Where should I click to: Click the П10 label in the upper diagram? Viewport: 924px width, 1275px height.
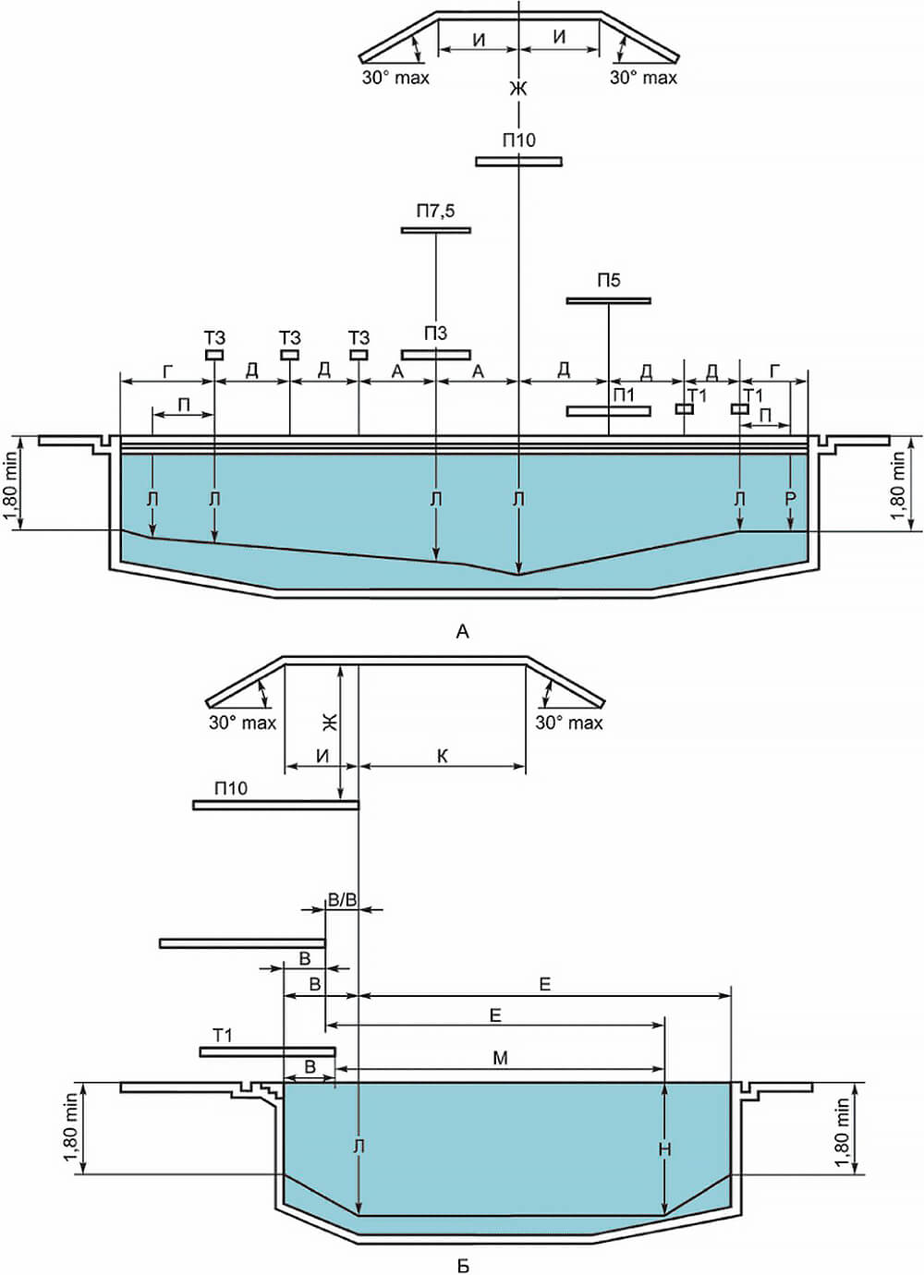click(518, 140)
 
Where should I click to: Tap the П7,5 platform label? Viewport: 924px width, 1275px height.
click(435, 212)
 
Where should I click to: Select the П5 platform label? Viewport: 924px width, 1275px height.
click(608, 281)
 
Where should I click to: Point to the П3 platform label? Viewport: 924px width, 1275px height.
click(435, 334)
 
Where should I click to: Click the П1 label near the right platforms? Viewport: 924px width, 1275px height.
click(624, 395)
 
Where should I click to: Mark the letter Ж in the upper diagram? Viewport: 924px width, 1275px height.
click(517, 89)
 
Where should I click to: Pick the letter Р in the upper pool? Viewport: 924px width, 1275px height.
click(790, 500)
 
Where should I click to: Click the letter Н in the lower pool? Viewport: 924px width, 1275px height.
click(664, 1149)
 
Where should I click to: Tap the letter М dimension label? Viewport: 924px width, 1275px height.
click(500, 1058)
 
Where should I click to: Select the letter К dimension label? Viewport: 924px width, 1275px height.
click(442, 756)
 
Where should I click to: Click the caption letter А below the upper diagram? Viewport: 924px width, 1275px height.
click(463, 632)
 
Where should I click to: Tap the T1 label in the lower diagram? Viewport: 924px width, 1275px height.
click(223, 1036)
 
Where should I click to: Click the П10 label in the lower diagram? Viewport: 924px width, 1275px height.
click(231, 788)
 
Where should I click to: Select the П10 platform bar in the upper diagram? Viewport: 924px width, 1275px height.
click(518, 162)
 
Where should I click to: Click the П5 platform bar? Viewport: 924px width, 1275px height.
click(608, 300)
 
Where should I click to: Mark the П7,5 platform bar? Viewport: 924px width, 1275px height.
click(435, 229)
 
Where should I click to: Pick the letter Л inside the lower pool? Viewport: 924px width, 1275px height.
click(359, 1147)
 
